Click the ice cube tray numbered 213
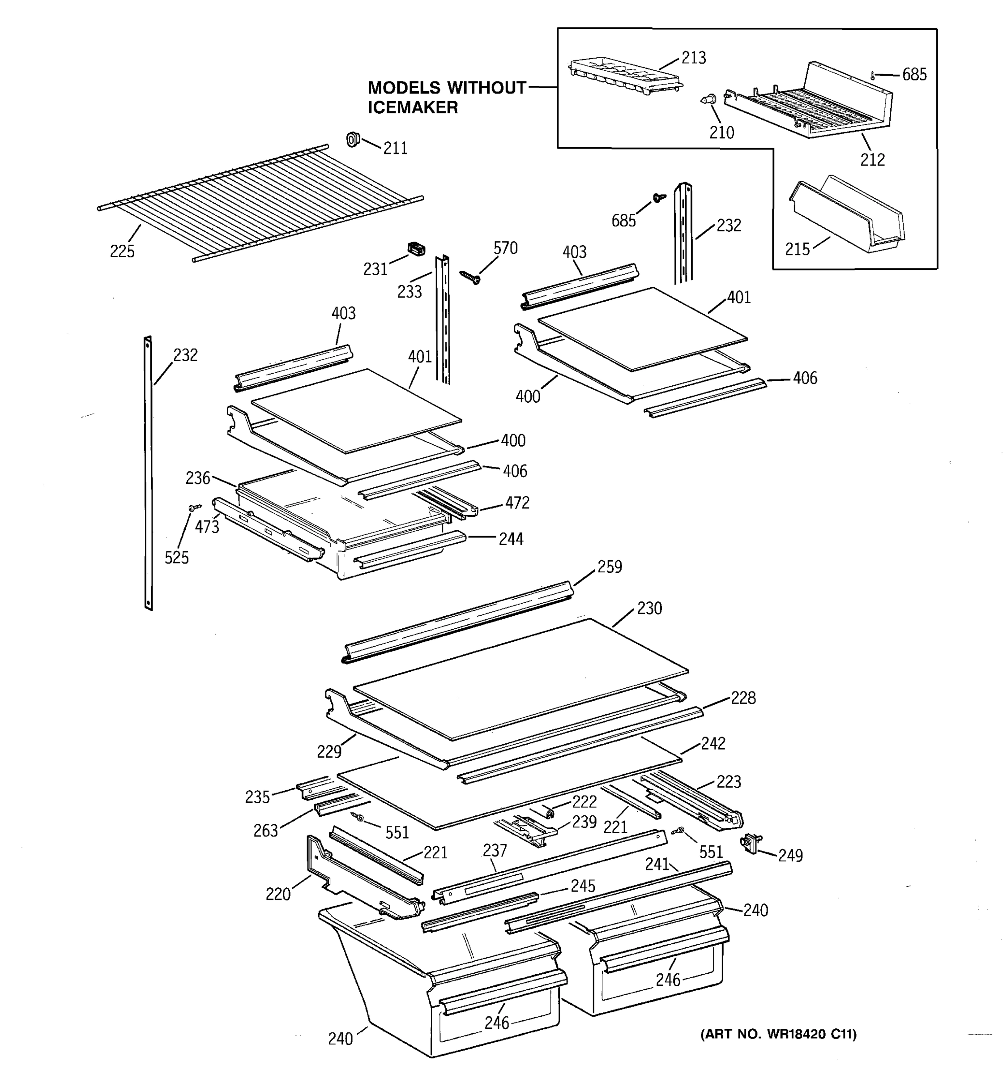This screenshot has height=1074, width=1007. click(x=624, y=76)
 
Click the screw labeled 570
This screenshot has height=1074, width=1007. click(x=470, y=277)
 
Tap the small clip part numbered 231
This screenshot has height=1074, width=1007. click(x=415, y=249)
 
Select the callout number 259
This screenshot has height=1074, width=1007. click(x=610, y=567)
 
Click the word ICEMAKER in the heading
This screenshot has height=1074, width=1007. click(x=413, y=107)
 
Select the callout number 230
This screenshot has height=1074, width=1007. click(x=649, y=608)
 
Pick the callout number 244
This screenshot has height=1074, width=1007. click(x=511, y=539)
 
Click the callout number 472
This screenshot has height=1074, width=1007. click(x=517, y=503)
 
